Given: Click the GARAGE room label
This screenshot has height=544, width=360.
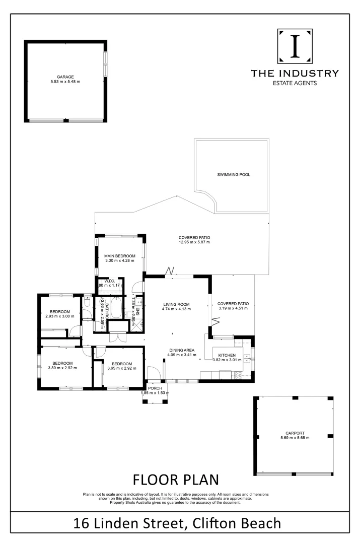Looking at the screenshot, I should tap(65, 77).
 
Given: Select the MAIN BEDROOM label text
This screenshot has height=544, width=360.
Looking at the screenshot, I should tap(120, 256).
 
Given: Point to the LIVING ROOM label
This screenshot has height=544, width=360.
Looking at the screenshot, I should tap(176, 304).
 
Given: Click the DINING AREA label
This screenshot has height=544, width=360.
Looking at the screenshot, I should tap(182, 350).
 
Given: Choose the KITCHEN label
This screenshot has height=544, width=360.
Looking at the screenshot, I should tap(227, 355).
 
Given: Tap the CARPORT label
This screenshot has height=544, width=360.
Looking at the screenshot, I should tap(295, 433).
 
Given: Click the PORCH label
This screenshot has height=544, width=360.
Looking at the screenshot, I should tap(155, 388).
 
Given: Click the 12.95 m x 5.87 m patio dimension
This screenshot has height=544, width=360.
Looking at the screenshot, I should tap(194, 242).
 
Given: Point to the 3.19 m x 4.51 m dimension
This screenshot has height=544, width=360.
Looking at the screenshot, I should tap(233, 310).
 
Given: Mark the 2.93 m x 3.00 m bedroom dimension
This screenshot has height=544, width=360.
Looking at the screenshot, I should tap(59, 316).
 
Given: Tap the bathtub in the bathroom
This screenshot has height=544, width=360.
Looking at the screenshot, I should tap(116, 309).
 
